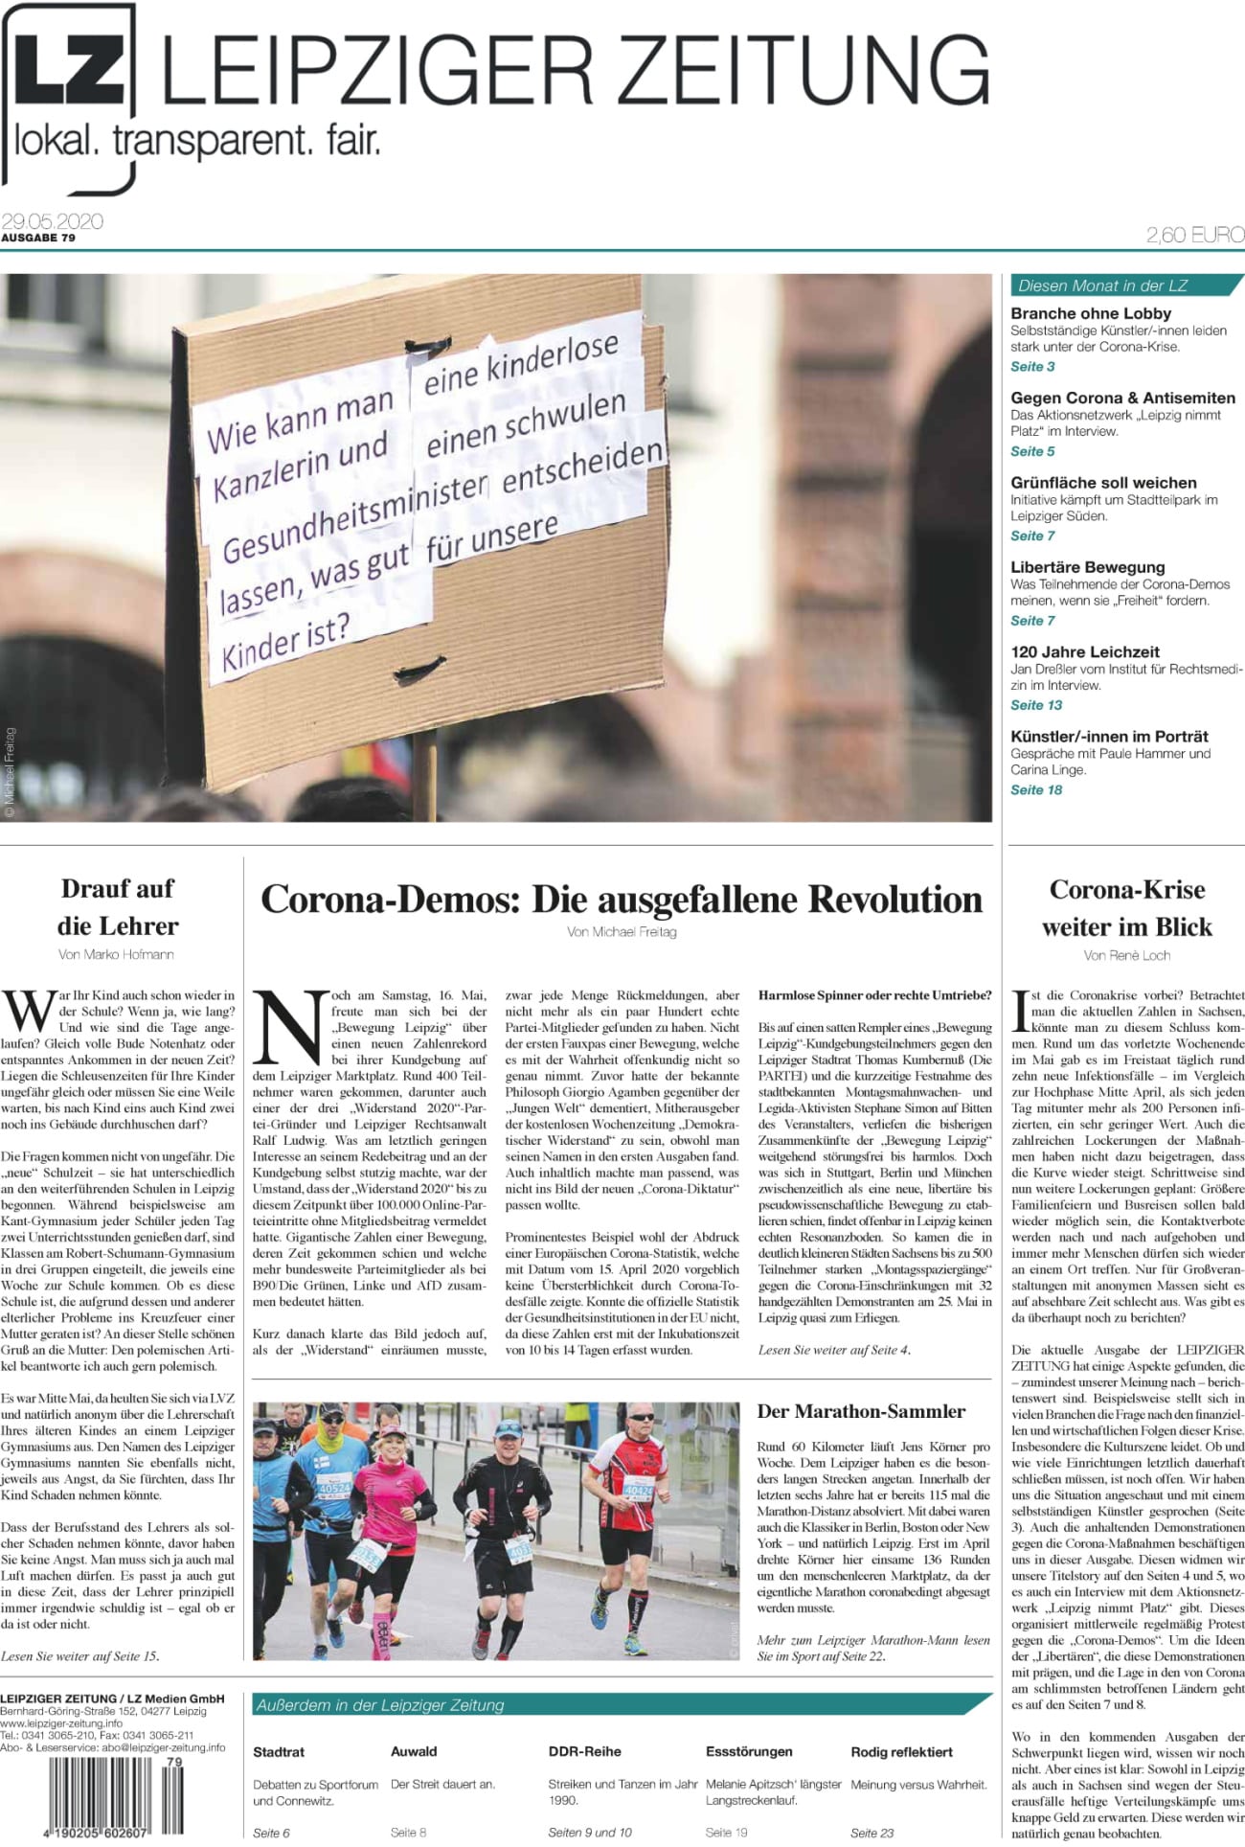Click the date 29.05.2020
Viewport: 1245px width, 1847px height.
(52, 220)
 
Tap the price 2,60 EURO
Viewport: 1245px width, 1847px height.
(1195, 235)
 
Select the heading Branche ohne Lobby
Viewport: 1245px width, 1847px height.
(1091, 313)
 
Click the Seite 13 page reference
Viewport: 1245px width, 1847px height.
(1036, 705)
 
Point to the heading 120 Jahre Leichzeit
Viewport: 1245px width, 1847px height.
(1085, 651)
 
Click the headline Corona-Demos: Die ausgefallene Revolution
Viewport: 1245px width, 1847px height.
(622, 900)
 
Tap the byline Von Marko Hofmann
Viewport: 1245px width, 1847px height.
(116, 954)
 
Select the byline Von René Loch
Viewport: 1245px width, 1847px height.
(1126, 955)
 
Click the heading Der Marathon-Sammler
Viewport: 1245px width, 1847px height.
(861, 1411)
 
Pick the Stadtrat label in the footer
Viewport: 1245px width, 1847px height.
(279, 1751)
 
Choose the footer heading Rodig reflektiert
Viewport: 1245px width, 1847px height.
(901, 1751)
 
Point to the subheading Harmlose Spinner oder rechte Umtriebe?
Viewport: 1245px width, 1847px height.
(874, 995)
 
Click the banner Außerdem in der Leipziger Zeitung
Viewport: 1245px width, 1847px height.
(379, 1704)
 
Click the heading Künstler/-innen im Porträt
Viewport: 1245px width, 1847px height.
(1109, 737)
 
